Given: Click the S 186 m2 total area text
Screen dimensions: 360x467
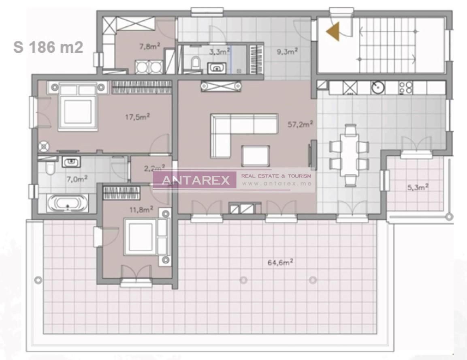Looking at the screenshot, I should pyautogui.click(x=48, y=47).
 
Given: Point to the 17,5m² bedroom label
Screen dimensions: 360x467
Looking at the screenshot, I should pyautogui.click(x=137, y=117).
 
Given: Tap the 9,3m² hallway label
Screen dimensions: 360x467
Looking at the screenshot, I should pyautogui.click(x=287, y=51).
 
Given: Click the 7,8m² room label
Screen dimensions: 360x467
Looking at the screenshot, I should pyautogui.click(x=149, y=47).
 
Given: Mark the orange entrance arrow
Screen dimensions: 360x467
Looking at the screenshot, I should pyautogui.click(x=333, y=32).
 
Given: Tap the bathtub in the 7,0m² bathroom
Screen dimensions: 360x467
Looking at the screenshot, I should pyautogui.click(x=67, y=203).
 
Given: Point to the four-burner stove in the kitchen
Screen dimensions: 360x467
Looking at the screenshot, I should pyautogui.click(x=406, y=88).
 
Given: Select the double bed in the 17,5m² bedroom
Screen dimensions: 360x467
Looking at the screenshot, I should pyautogui.click(x=78, y=107).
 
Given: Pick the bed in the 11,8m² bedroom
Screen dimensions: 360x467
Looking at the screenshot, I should pyautogui.click(x=141, y=237).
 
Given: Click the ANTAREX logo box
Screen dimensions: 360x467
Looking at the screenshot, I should pyautogui.click(x=194, y=180).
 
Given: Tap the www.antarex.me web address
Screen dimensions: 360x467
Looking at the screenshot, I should pyautogui.click(x=276, y=184).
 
